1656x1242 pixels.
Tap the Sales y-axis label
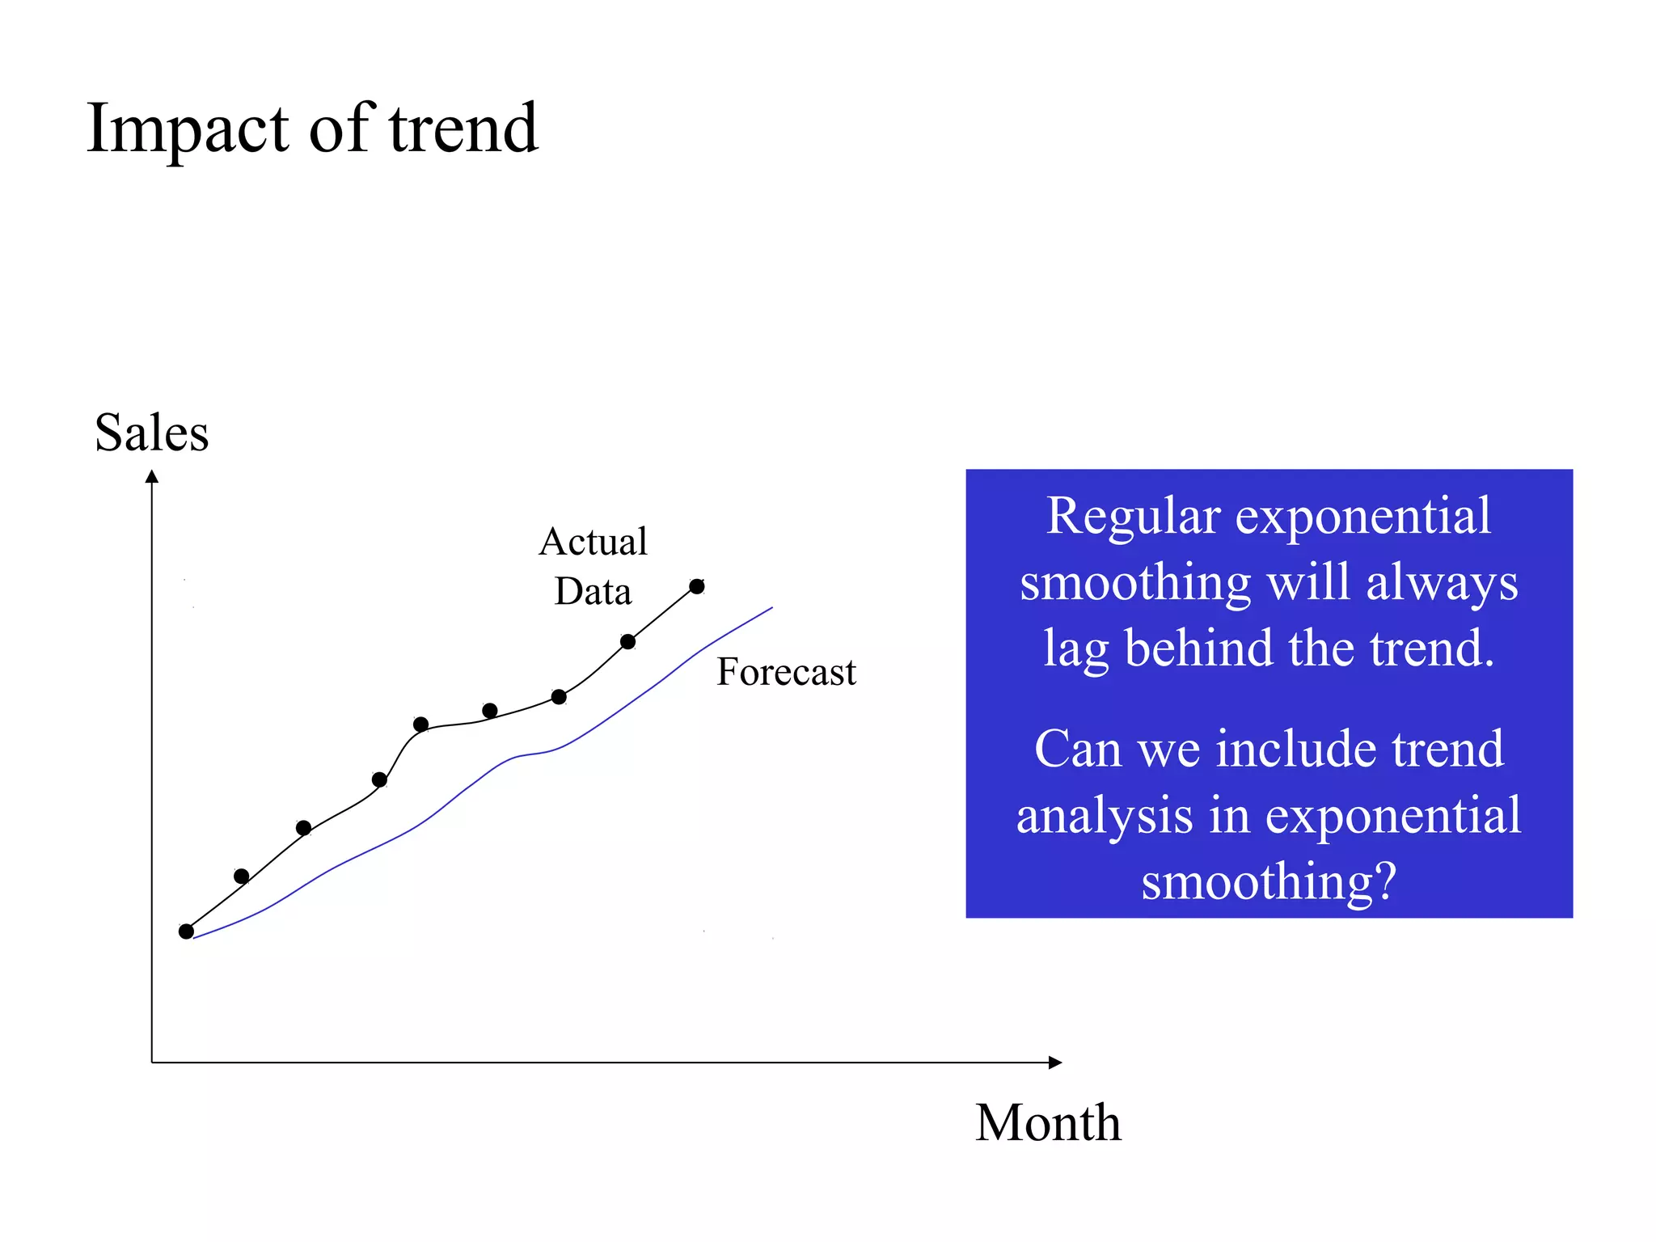pyautogui.click(x=151, y=433)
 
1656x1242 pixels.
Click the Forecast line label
pyautogui.click(x=786, y=672)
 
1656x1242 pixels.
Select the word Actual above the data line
pyautogui.click(x=593, y=542)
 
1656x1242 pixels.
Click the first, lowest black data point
pyautogui.click(x=186, y=931)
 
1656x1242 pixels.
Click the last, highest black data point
pyautogui.click(x=697, y=586)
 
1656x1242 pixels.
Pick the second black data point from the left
pyautogui.click(x=241, y=876)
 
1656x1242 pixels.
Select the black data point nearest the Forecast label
pyautogui.click(x=628, y=642)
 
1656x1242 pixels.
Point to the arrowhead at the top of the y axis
pyautogui.click(x=152, y=477)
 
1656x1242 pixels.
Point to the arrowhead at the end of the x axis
pyautogui.click(x=1055, y=1062)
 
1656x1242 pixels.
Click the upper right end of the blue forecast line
pyautogui.click(x=771, y=608)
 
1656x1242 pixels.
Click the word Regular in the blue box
pyautogui.click(x=1132, y=517)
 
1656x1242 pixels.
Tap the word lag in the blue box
pyautogui.click(x=1075, y=649)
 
